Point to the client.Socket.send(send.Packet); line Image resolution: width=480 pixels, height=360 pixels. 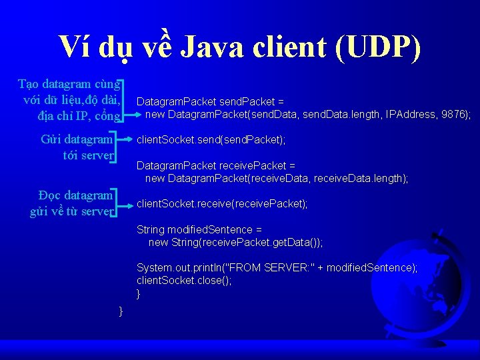[x=211, y=140]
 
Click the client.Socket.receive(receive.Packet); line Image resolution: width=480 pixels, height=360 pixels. [x=222, y=204]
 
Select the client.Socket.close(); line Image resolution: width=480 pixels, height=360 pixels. [x=184, y=281]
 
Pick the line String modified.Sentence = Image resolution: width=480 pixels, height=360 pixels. [x=195, y=229]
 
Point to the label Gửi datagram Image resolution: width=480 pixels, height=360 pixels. [x=77, y=140]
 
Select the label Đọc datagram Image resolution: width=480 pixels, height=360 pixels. [x=75, y=195]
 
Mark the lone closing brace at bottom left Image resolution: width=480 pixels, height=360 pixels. [x=121, y=311]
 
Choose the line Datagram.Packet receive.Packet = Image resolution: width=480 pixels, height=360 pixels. [x=216, y=165]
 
